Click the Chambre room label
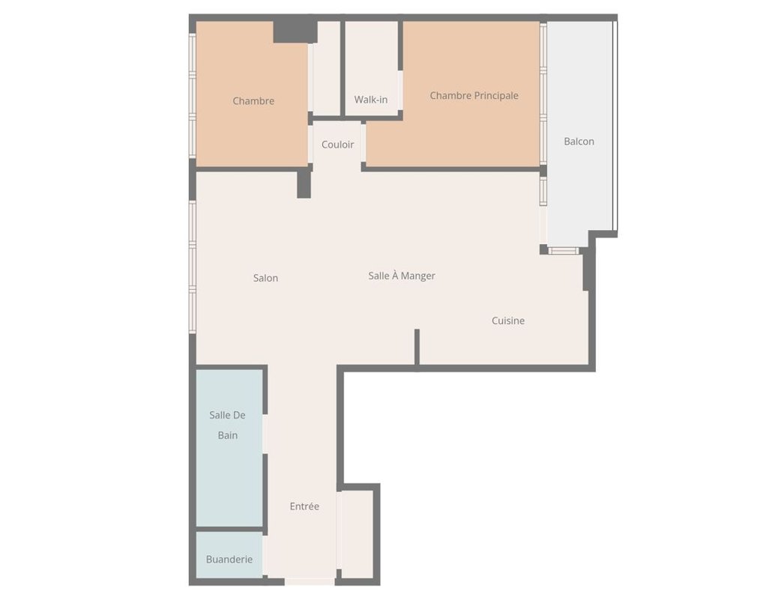coord(253,100)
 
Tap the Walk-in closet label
coord(371,100)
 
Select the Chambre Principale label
coord(474,95)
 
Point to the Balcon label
coord(579,142)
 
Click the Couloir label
coord(337,145)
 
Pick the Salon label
coord(265,278)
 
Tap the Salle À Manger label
coord(401,276)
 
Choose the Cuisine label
coord(508,321)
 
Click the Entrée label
coord(304,506)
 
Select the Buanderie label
coord(229,559)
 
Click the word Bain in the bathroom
coord(227,435)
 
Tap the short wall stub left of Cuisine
coord(417,347)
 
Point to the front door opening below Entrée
coord(310,582)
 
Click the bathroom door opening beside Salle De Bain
coord(265,434)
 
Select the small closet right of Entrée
coord(357,534)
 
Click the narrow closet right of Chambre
coord(326,68)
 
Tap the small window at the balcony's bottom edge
coord(564,251)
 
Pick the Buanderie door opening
coord(265,555)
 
